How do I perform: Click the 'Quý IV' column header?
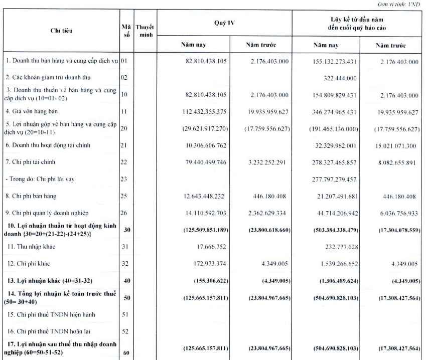coord(224,23)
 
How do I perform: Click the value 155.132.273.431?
coord(329,62)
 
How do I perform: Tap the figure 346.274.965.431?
coord(329,112)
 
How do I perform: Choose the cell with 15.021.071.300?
coord(393,145)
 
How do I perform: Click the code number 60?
coord(126,352)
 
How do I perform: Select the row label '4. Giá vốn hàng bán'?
coord(34,112)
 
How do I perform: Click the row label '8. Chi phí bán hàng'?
coord(34,195)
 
